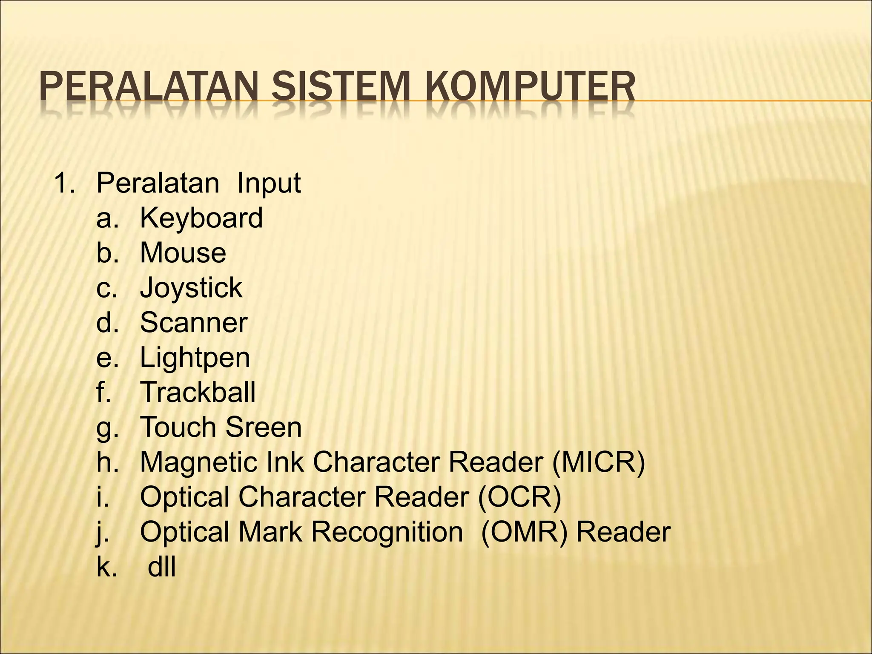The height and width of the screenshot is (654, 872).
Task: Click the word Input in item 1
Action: coord(269,184)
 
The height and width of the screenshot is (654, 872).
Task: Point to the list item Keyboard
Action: coord(201,218)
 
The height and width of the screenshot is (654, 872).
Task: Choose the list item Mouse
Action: coord(183,253)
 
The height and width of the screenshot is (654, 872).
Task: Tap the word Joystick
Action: coord(191,288)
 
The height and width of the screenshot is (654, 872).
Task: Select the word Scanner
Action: coord(193,323)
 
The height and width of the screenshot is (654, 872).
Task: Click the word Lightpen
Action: coord(195,358)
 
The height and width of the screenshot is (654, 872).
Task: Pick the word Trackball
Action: coord(198,392)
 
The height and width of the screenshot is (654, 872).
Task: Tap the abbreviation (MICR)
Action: coord(599,462)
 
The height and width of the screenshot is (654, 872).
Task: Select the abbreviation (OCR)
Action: coord(519,497)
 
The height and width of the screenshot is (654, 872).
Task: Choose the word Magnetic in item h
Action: coord(198,462)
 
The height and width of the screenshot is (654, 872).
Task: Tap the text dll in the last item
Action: coord(161,567)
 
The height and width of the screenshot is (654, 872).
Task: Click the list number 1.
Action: coord(64,184)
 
